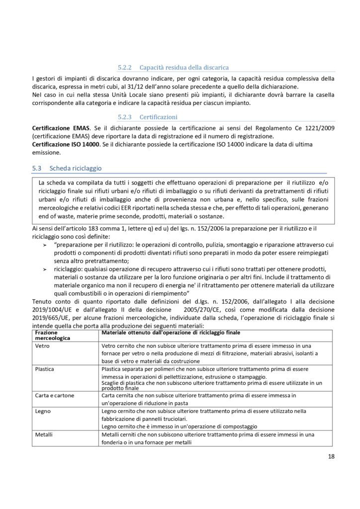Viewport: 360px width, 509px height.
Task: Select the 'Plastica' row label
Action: point(45,370)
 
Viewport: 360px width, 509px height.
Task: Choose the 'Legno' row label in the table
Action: point(44,411)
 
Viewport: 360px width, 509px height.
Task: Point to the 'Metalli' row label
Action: point(45,434)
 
